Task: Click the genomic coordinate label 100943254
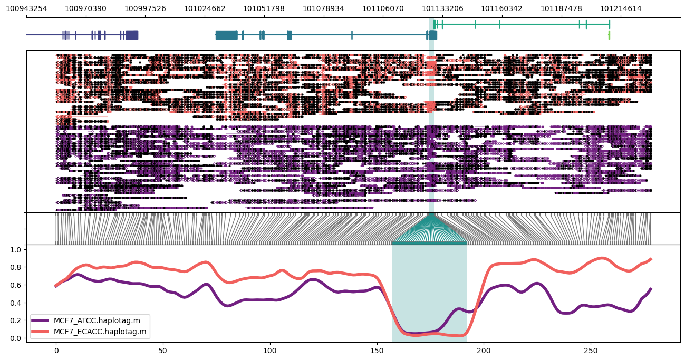[x=26, y=8]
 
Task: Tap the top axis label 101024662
[x=205, y=8]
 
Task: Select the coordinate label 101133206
[x=443, y=8]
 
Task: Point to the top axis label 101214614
[x=621, y=8]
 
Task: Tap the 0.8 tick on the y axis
[x=16, y=267]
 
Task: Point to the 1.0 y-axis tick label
[x=16, y=249]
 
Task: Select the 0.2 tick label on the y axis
[x=16, y=320]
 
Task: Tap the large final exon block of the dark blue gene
[x=132, y=35]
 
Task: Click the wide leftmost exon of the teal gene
[x=226, y=35]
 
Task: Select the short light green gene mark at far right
[x=609, y=35]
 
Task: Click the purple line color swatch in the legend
[x=40, y=320]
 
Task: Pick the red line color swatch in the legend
[x=40, y=332]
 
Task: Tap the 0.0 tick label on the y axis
[x=16, y=338]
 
